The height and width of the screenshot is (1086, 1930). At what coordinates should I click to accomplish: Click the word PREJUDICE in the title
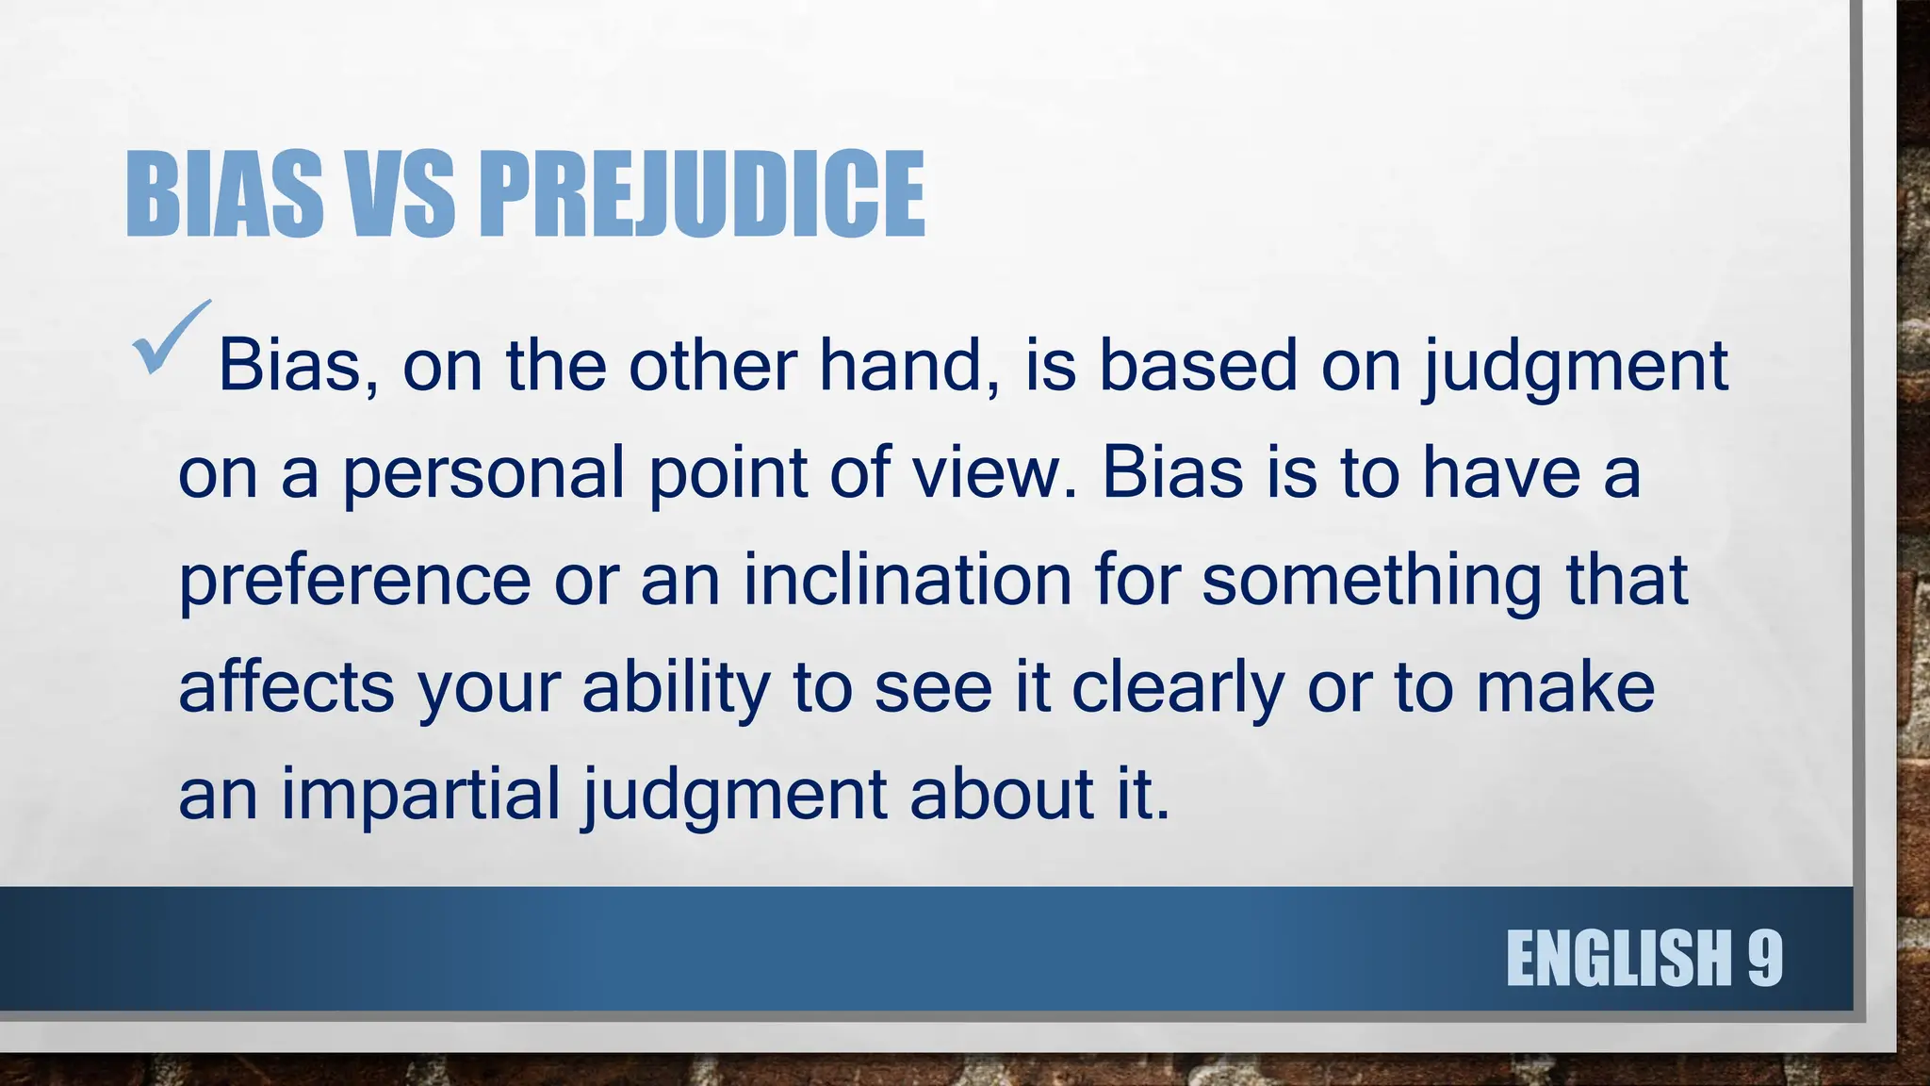pyautogui.click(x=702, y=194)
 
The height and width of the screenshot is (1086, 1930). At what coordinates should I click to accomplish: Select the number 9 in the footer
pyautogui.click(x=1764, y=958)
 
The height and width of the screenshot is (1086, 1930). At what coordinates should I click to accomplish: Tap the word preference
pyautogui.click(x=354, y=581)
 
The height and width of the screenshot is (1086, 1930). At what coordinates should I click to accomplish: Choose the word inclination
pyautogui.click(x=908, y=581)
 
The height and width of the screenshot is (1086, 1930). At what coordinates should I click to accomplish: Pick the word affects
pyautogui.click(x=286, y=687)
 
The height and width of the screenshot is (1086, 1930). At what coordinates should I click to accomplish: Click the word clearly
pyautogui.click(x=1178, y=687)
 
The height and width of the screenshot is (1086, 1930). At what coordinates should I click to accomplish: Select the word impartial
pyautogui.click(x=420, y=795)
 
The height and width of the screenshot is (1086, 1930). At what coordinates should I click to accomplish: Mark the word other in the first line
pyautogui.click(x=712, y=366)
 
